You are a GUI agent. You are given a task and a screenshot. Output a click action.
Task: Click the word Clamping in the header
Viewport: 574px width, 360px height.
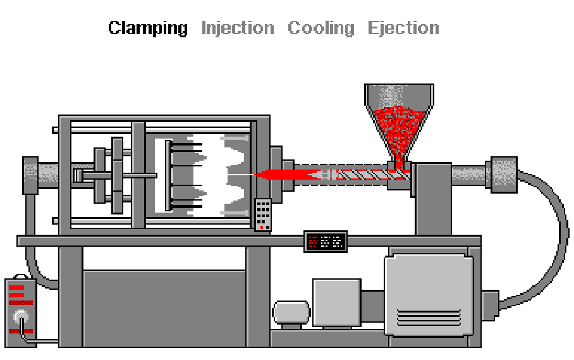[148, 28]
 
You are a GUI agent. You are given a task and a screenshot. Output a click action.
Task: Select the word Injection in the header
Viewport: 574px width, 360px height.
[238, 28]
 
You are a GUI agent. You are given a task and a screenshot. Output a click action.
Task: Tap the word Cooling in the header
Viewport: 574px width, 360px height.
[321, 28]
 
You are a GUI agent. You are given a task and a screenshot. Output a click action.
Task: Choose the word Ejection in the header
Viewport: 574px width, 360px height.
[403, 28]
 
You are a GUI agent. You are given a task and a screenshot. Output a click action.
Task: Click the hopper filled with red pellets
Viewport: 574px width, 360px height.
[399, 123]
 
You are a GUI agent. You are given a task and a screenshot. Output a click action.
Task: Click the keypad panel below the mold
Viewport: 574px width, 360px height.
[263, 214]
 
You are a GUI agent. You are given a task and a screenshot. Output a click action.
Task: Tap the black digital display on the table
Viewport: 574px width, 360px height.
[326, 241]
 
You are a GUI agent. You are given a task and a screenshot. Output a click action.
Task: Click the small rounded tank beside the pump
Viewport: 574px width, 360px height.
[292, 313]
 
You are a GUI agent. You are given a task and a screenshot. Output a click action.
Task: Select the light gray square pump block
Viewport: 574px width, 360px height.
[336, 302]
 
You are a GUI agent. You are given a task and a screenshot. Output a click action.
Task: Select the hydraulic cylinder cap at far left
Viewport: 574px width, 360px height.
[30, 175]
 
